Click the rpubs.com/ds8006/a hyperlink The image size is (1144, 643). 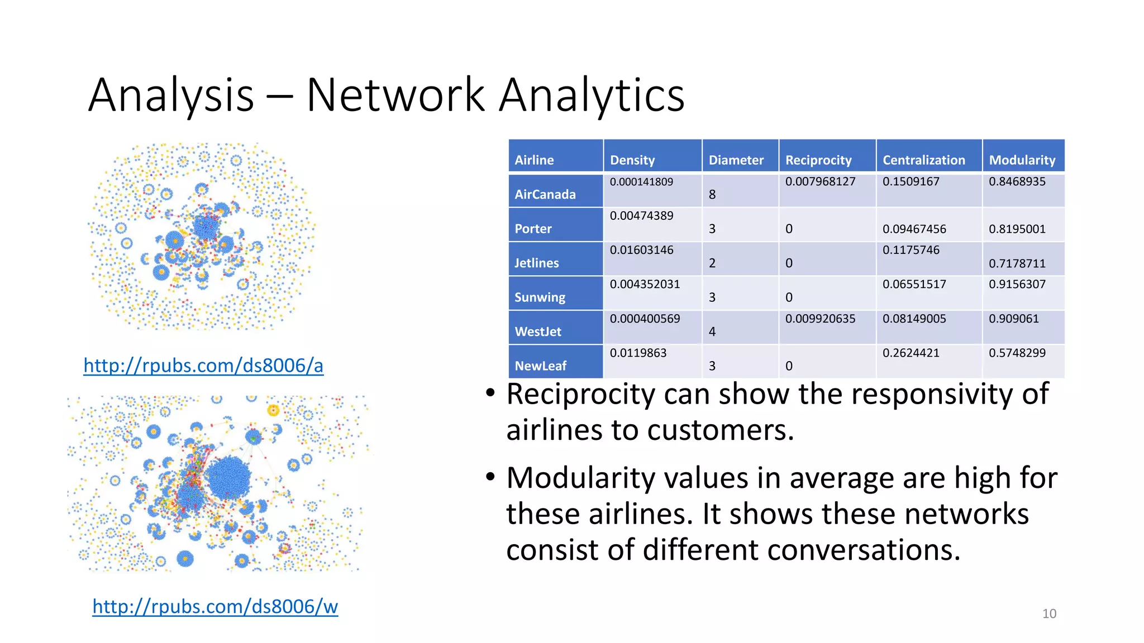pyautogui.click(x=203, y=366)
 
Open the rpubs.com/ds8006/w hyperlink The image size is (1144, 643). pyautogui.click(x=215, y=606)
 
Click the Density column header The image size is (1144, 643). pyautogui.click(x=632, y=160)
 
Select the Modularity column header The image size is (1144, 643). pyautogui.click(x=1022, y=160)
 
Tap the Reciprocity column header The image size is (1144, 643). pyautogui.click(x=818, y=160)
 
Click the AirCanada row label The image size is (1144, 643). pyautogui.click(x=545, y=194)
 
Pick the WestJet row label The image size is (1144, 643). pyautogui.click(x=537, y=332)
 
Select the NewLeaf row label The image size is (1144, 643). pyautogui.click(x=540, y=366)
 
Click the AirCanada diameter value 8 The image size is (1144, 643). pyautogui.click(x=712, y=194)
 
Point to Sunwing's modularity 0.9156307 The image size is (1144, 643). pyautogui.click(x=1017, y=284)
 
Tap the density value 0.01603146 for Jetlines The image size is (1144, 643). pyautogui.click(x=641, y=250)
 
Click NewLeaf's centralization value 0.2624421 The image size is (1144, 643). pyautogui.click(x=911, y=353)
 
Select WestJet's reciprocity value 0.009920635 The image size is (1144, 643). pyautogui.click(x=820, y=319)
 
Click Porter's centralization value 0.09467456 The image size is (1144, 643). pyautogui.click(x=914, y=229)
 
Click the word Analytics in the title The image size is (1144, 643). pyautogui.click(x=591, y=95)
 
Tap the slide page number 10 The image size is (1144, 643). pyautogui.click(x=1049, y=613)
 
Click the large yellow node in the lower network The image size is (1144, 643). pyautogui.click(x=273, y=411)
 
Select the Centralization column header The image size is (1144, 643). pyautogui.click(x=923, y=160)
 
